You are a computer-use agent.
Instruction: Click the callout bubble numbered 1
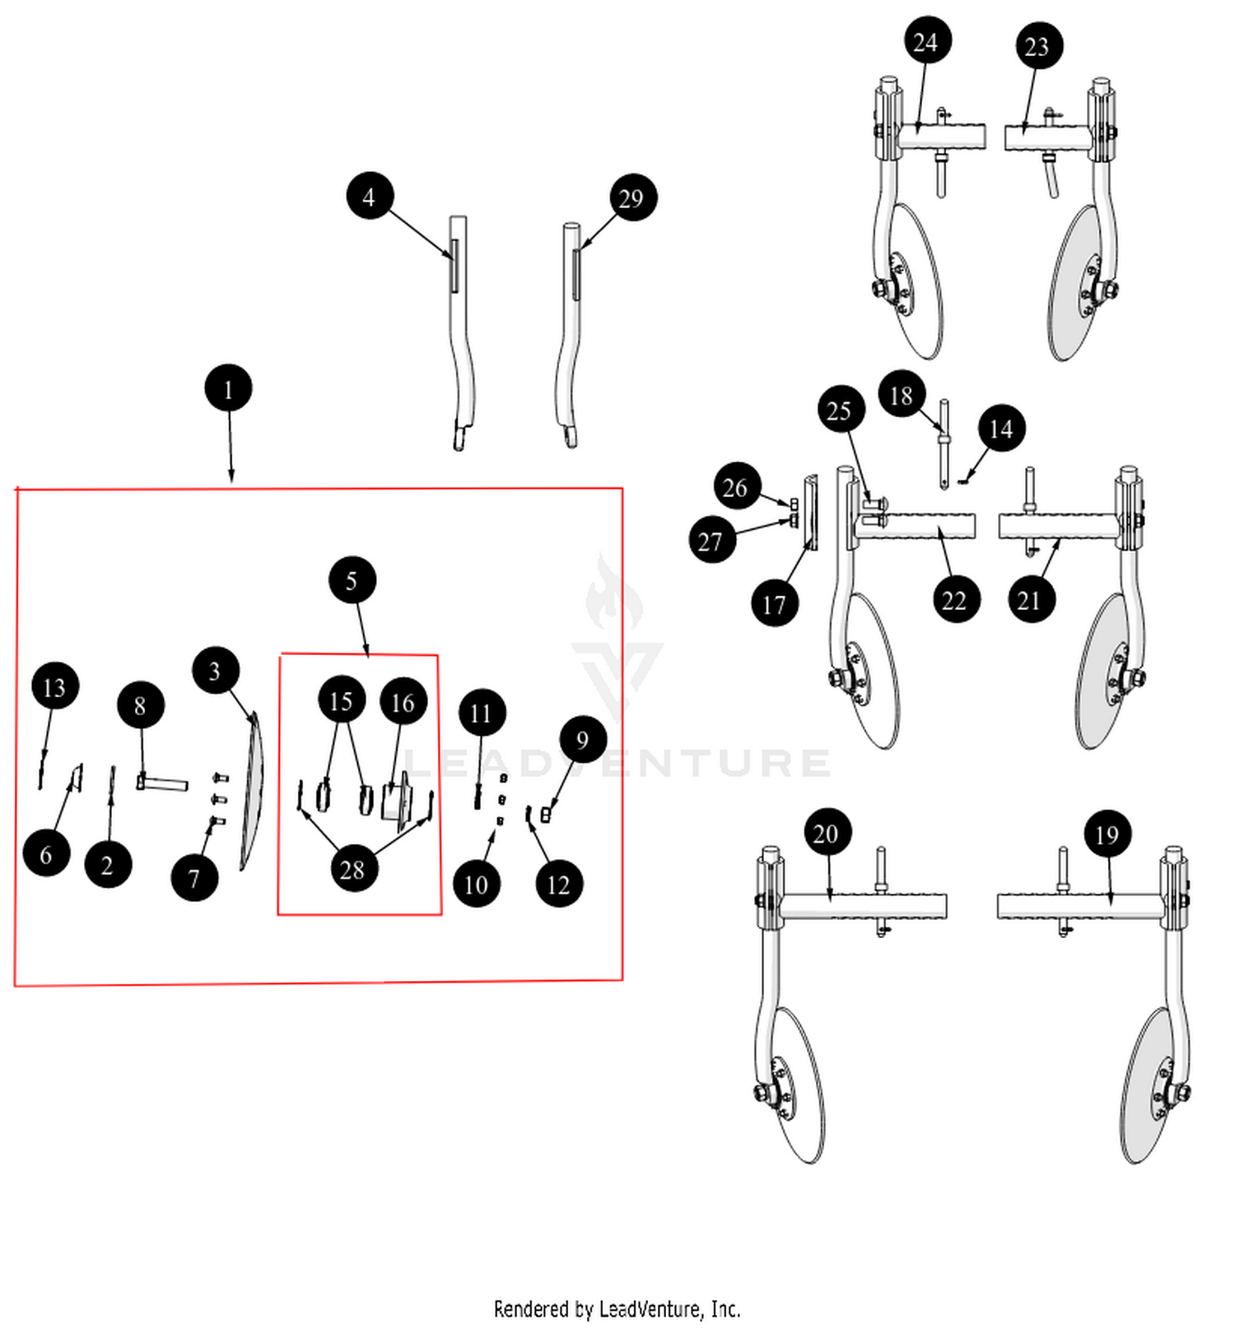point(228,388)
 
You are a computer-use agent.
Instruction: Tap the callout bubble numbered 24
point(926,41)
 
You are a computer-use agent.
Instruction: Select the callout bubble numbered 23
point(1037,46)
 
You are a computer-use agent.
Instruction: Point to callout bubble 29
point(631,198)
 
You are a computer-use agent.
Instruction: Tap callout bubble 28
point(352,869)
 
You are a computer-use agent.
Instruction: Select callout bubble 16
point(403,702)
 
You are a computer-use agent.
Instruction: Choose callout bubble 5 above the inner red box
point(352,580)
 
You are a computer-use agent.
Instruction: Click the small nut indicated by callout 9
point(546,814)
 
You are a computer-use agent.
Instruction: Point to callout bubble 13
point(54,687)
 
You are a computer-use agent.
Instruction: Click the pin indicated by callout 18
point(944,444)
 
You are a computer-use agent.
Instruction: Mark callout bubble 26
point(735,487)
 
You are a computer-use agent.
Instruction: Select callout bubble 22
point(954,600)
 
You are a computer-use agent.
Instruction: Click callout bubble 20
point(826,834)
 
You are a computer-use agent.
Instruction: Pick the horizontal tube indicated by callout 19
point(1079,906)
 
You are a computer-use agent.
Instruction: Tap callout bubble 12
point(558,885)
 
